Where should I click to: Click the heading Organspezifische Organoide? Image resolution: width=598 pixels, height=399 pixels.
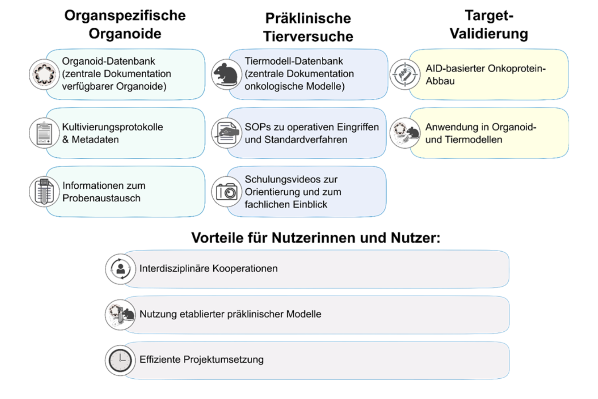coord(125,25)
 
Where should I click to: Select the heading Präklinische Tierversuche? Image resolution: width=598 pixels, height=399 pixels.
coord(308,27)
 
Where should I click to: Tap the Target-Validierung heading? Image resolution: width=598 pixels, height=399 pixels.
coord(489,25)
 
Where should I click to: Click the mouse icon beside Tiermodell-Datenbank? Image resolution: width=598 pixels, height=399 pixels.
coord(226,74)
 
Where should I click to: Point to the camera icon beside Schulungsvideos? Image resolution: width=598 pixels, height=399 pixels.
coord(226,192)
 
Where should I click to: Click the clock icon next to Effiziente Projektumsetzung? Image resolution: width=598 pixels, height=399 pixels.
coord(120,360)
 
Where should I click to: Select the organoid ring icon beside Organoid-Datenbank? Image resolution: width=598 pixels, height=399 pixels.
coord(44,74)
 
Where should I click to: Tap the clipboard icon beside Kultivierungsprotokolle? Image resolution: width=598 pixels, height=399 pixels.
coord(44,133)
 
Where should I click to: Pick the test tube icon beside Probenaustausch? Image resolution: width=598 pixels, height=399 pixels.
coord(44,192)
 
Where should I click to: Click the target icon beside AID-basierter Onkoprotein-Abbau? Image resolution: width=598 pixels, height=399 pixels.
coord(405,74)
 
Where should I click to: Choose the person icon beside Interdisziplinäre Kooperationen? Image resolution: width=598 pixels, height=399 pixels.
coord(120,269)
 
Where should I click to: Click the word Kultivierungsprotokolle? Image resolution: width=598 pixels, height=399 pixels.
coord(112,127)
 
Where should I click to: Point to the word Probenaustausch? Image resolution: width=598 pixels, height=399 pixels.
coord(101,198)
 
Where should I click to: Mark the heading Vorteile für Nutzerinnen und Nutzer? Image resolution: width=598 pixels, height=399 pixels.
coord(315,238)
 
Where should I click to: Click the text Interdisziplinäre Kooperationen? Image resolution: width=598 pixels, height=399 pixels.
coord(208,268)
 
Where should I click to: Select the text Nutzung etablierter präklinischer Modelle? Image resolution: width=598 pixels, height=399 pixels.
coord(230,314)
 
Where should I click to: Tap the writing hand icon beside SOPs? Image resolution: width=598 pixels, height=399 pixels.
coord(226,133)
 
